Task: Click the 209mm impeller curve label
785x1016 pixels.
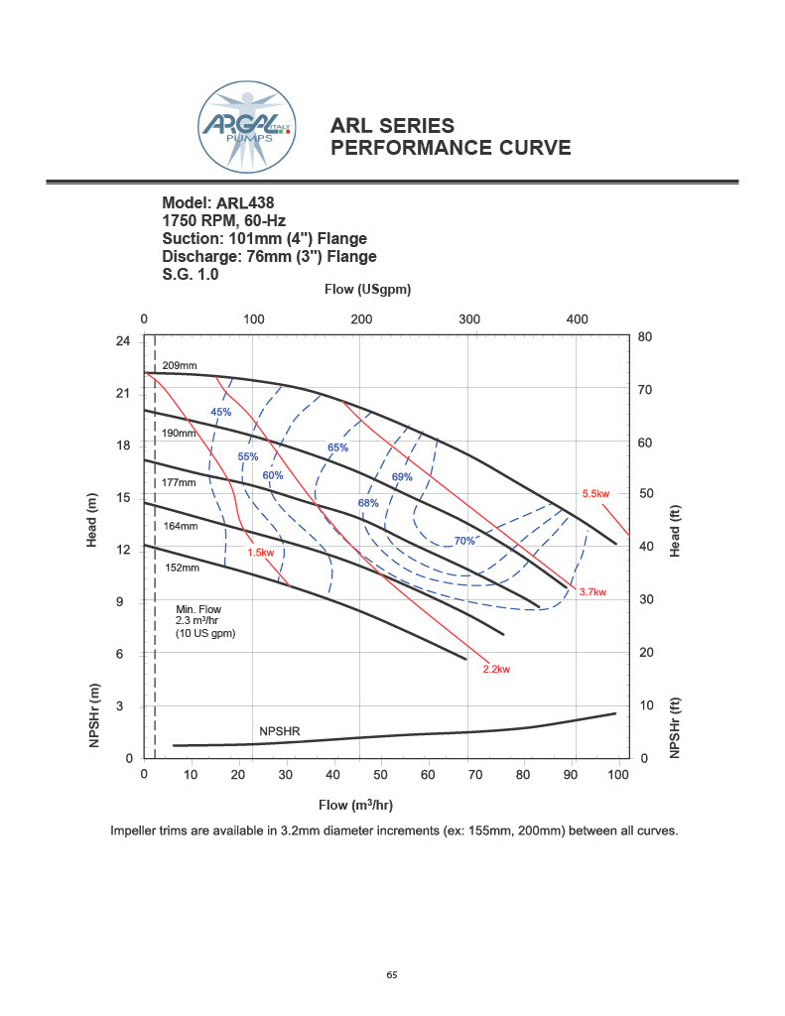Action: click(180, 366)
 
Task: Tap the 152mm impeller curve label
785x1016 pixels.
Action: click(183, 568)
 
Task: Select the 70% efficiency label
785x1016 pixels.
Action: click(464, 541)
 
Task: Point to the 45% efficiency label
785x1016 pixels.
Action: click(220, 412)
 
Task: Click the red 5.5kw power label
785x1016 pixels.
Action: click(595, 493)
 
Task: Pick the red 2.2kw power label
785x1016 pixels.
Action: click(496, 670)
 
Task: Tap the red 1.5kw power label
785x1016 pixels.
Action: click(260, 553)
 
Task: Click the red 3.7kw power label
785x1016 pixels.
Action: click(592, 591)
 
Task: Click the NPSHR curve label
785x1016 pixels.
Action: click(280, 731)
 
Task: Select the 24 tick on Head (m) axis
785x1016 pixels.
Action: click(123, 341)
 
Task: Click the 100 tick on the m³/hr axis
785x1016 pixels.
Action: click(618, 775)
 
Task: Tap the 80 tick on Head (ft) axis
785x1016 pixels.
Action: click(645, 337)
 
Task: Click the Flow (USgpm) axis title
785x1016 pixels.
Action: click(368, 290)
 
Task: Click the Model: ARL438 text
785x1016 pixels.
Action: click(218, 202)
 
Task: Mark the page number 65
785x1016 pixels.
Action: click(392, 974)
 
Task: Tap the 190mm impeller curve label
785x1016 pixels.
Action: click(180, 434)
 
